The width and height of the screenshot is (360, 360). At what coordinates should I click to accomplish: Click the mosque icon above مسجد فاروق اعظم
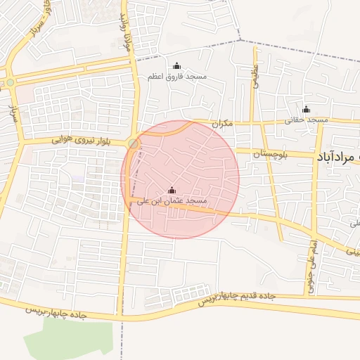(x=176, y=65)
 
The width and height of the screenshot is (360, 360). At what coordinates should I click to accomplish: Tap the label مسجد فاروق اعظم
(x=176, y=75)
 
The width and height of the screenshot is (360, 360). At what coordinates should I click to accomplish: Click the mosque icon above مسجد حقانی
(x=306, y=109)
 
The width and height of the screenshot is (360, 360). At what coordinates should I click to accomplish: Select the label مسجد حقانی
(x=307, y=120)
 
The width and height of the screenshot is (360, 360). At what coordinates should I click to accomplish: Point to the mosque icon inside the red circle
(x=172, y=190)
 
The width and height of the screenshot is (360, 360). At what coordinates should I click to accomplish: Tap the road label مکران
(x=222, y=123)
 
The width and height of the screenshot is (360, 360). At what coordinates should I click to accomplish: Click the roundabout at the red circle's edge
(x=134, y=144)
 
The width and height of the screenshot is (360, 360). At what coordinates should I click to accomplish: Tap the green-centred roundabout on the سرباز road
(x=10, y=82)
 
